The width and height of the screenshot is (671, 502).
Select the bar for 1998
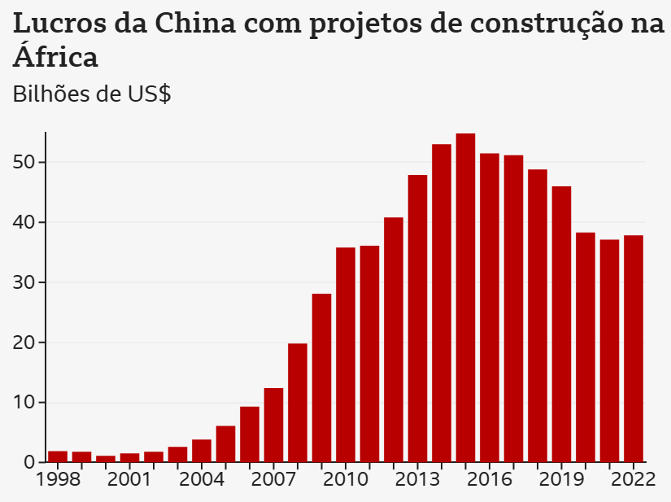(58, 456)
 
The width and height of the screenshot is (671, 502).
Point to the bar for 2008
(298, 403)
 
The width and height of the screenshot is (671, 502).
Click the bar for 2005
(225, 444)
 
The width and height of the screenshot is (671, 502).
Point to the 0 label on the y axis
(30, 463)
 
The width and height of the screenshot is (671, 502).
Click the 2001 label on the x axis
(129, 478)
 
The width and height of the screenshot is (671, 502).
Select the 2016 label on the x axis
(490, 478)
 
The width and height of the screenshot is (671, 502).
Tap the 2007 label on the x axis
(273, 478)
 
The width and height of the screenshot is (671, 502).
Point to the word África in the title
(56, 57)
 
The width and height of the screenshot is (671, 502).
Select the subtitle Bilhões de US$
(92, 94)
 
